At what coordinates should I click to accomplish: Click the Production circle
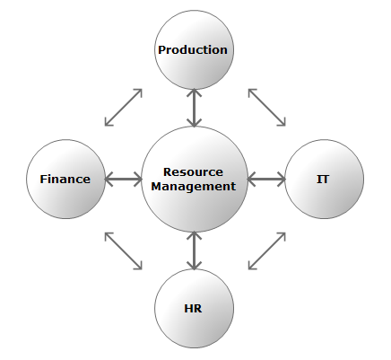point(195,49)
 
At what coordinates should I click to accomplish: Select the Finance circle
point(66,179)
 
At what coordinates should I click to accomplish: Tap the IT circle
point(325,179)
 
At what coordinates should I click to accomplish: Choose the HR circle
point(195,308)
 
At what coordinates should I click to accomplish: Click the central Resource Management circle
point(195,179)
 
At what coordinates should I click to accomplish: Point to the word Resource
point(193,172)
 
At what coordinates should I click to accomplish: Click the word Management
point(194,187)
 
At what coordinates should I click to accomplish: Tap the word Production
point(193,49)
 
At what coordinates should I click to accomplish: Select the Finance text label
point(65,179)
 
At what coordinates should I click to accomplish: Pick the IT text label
point(323,179)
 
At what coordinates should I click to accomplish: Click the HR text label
point(193,308)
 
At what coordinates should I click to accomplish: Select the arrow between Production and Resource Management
point(195,108)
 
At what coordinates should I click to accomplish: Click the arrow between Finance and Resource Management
point(123,180)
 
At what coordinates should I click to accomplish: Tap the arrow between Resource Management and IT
point(266,180)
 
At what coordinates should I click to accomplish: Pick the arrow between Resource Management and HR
point(195,250)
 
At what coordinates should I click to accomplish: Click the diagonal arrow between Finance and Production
point(124,107)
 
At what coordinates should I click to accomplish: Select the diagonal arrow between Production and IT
point(267,107)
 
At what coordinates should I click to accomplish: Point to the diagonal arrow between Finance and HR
point(124,251)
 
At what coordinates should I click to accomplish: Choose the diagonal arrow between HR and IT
point(267,251)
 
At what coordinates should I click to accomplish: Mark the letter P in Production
point(162,49)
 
